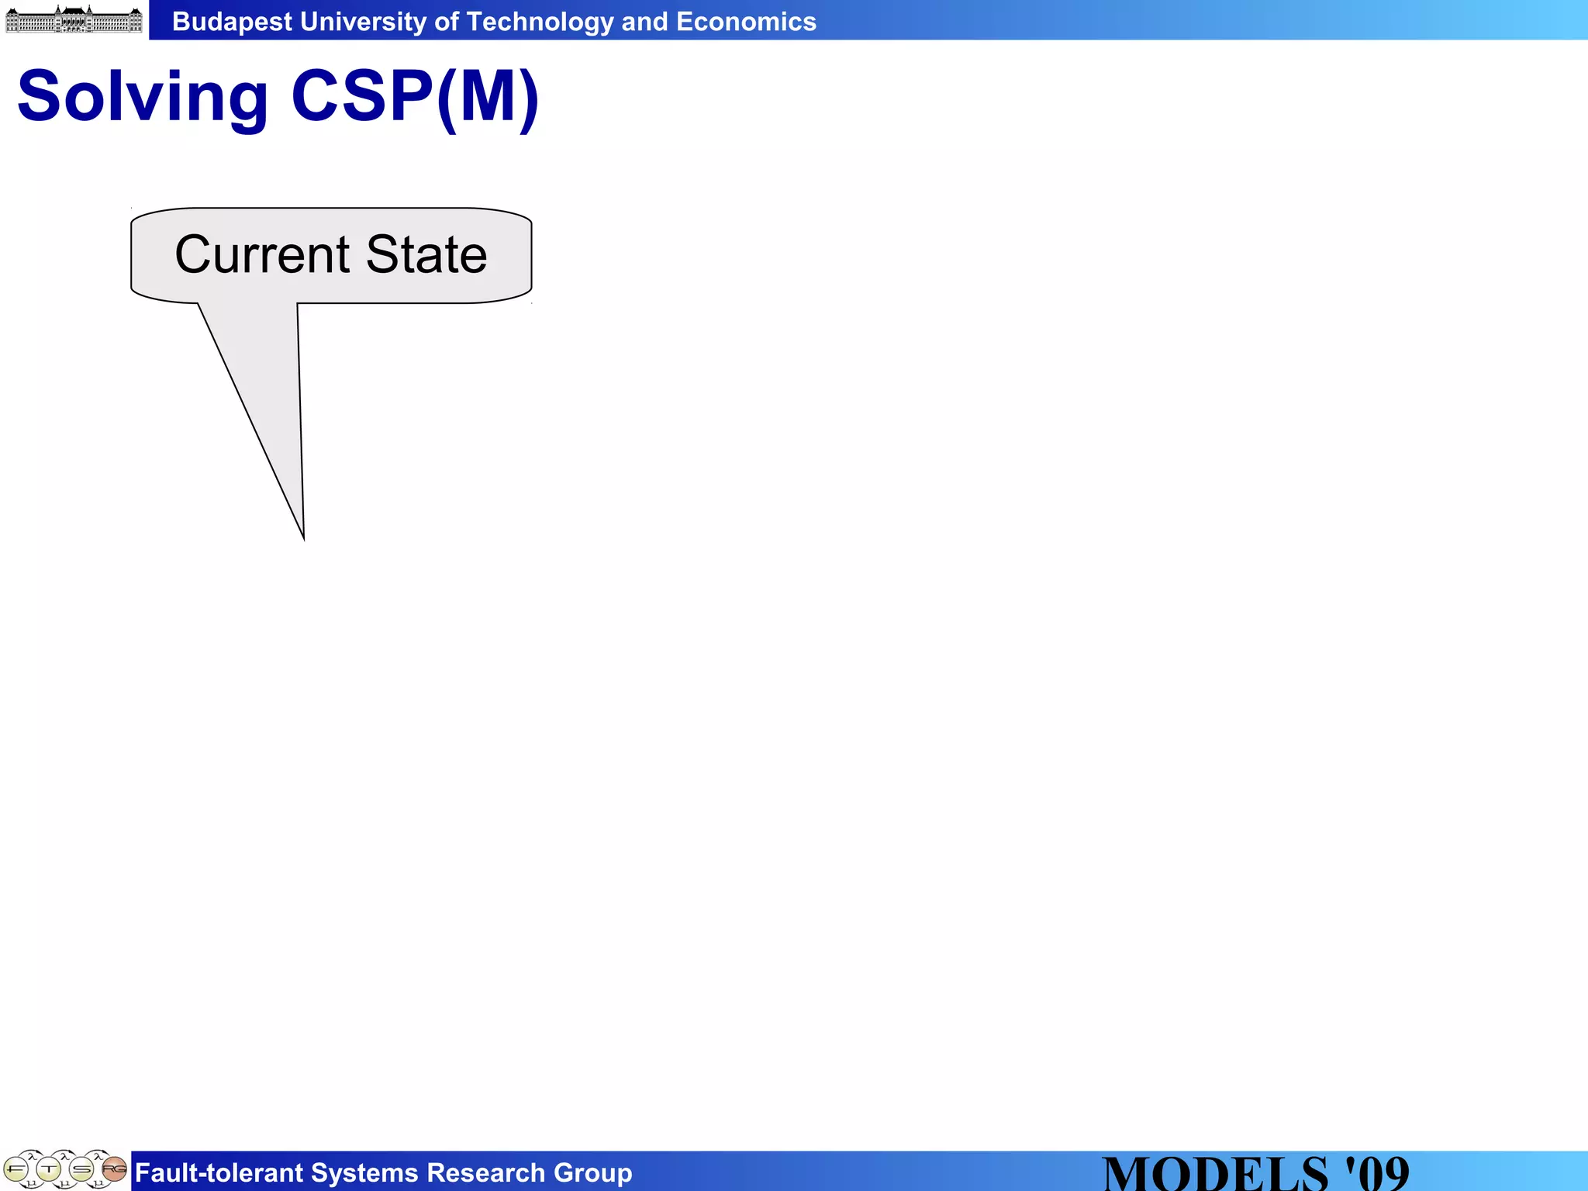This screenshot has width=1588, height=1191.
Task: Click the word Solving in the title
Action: [x=143, y=98]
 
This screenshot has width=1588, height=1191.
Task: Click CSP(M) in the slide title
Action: [x=415, y=96]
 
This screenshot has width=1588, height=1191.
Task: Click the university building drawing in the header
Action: [x=74, y=19]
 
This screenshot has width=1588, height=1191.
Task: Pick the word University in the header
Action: [x=363, y=22]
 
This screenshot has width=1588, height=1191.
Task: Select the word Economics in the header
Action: [x=746, y=22]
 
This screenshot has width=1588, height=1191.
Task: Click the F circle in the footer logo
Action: [x=16, y=1169]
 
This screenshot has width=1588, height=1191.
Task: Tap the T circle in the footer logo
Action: [x=48, y=1169]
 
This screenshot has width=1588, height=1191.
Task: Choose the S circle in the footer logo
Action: [x=81, y=1169]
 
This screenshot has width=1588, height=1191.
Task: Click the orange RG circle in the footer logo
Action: [x=114, y=1168]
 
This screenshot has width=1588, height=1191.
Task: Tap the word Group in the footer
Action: [x=592, y=1173]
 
